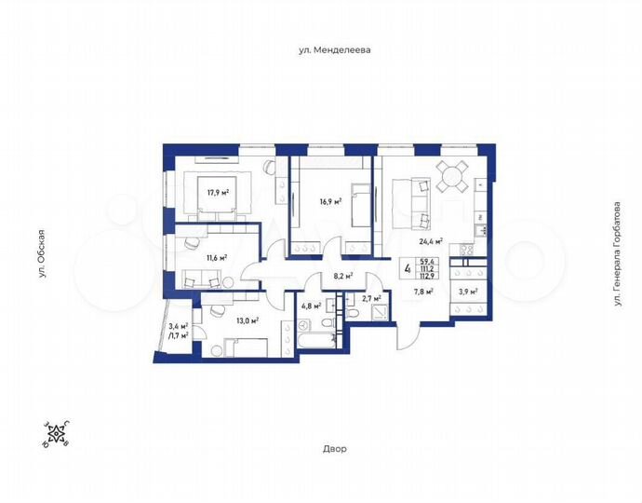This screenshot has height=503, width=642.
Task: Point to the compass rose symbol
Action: pos(55,434)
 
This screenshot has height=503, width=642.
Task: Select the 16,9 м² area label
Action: pos(330,200)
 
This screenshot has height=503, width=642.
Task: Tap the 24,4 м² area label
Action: pos(430,240)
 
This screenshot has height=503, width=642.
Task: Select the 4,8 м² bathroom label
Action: pos(311,305)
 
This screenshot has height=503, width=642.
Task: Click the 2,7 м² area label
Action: pos(370,300)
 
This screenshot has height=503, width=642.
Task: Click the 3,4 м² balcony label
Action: pos(179,325)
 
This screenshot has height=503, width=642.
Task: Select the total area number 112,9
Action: pos(429,276)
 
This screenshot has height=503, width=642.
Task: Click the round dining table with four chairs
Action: pos(453,174)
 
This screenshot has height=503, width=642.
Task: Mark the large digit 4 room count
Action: pos(408,269)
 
